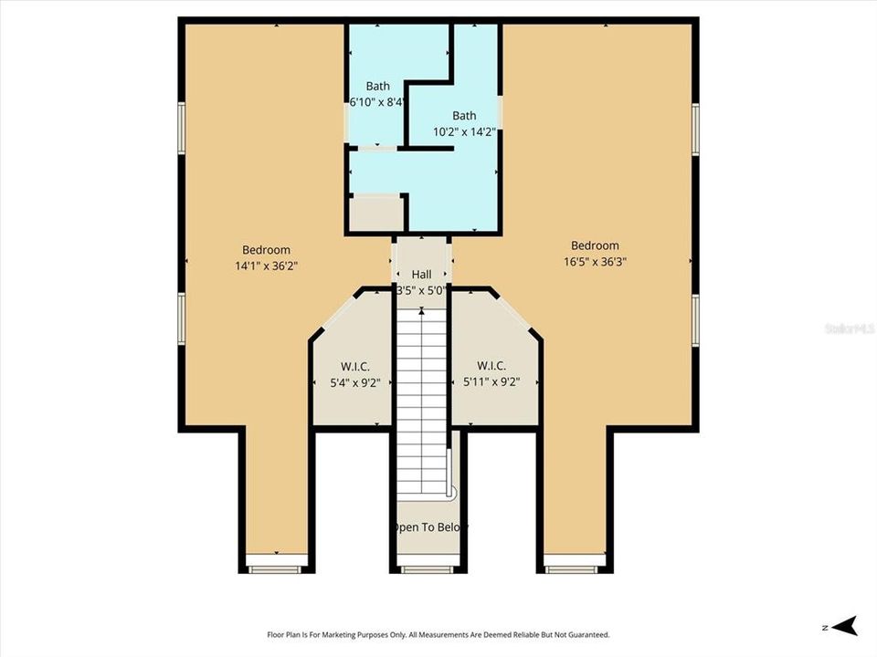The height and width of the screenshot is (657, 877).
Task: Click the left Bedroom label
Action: pos(266,250)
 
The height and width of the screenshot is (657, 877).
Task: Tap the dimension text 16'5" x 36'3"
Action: pos(595,261)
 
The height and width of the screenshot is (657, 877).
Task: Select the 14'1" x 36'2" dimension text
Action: pos(266,266)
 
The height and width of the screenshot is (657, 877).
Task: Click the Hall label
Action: pos(421,275)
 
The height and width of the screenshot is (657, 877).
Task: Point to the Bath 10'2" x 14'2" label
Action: pos(464,123)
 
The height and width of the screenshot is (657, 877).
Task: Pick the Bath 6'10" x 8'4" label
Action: pos(377,94)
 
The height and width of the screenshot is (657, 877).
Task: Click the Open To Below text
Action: pos(428,527)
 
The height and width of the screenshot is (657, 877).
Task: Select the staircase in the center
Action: pos(421,401)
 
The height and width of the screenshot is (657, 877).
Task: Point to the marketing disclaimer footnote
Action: pos(438,634)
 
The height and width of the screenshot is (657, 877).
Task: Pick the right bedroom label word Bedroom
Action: pos(595,245)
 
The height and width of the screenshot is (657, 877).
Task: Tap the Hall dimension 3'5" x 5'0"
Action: pos(421,291)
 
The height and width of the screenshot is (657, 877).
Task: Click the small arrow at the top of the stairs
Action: pos(421,312)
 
